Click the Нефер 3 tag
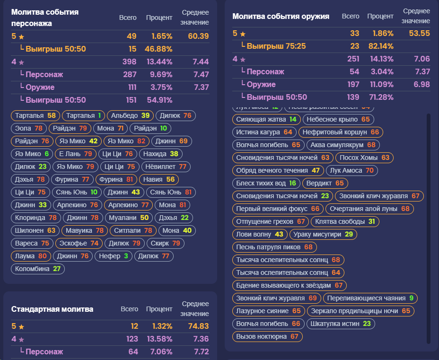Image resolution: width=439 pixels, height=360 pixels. tap(113, 256)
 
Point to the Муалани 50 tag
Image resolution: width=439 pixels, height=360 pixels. tap(129, 218)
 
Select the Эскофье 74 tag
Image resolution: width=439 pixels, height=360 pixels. tap(79, 243)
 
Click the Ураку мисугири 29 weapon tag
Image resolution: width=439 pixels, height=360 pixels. tap(323, 234)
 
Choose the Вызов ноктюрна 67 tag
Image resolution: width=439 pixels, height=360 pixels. tap(267, 336)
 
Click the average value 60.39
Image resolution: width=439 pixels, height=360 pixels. tap(198, 36)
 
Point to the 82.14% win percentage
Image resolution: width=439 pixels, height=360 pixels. tap(381, 46)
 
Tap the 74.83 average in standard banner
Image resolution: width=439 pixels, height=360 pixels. tap(198, 326)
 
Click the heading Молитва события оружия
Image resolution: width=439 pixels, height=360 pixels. tap(281, 16)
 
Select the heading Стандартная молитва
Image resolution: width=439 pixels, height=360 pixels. tap(52, 309)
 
